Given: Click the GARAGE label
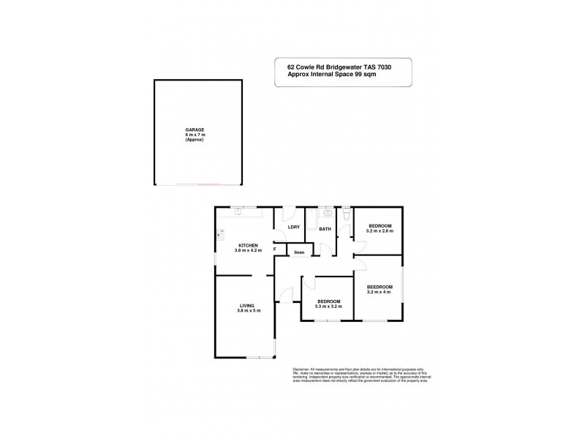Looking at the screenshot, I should pyautogui.click(x=195, y=129).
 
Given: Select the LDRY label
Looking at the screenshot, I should pyautogui.click(x=294, y=228).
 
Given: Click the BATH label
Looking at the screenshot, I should pyautogui.click(x=325, y=230).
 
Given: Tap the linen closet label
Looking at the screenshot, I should pyautogui.click(x=299, y=253).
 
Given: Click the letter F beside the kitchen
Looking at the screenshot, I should pyautogui.click(x=274, y=249).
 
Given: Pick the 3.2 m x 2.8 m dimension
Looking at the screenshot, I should pyautogui.click(x=380, y=230).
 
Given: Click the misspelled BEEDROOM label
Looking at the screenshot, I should pyautogui.click(x=380, y=287).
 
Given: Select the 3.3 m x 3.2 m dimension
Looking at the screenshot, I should pyautogui.click(x=328, y=307).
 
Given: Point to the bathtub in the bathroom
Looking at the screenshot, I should pyautogui.click(x=310, y=219).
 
